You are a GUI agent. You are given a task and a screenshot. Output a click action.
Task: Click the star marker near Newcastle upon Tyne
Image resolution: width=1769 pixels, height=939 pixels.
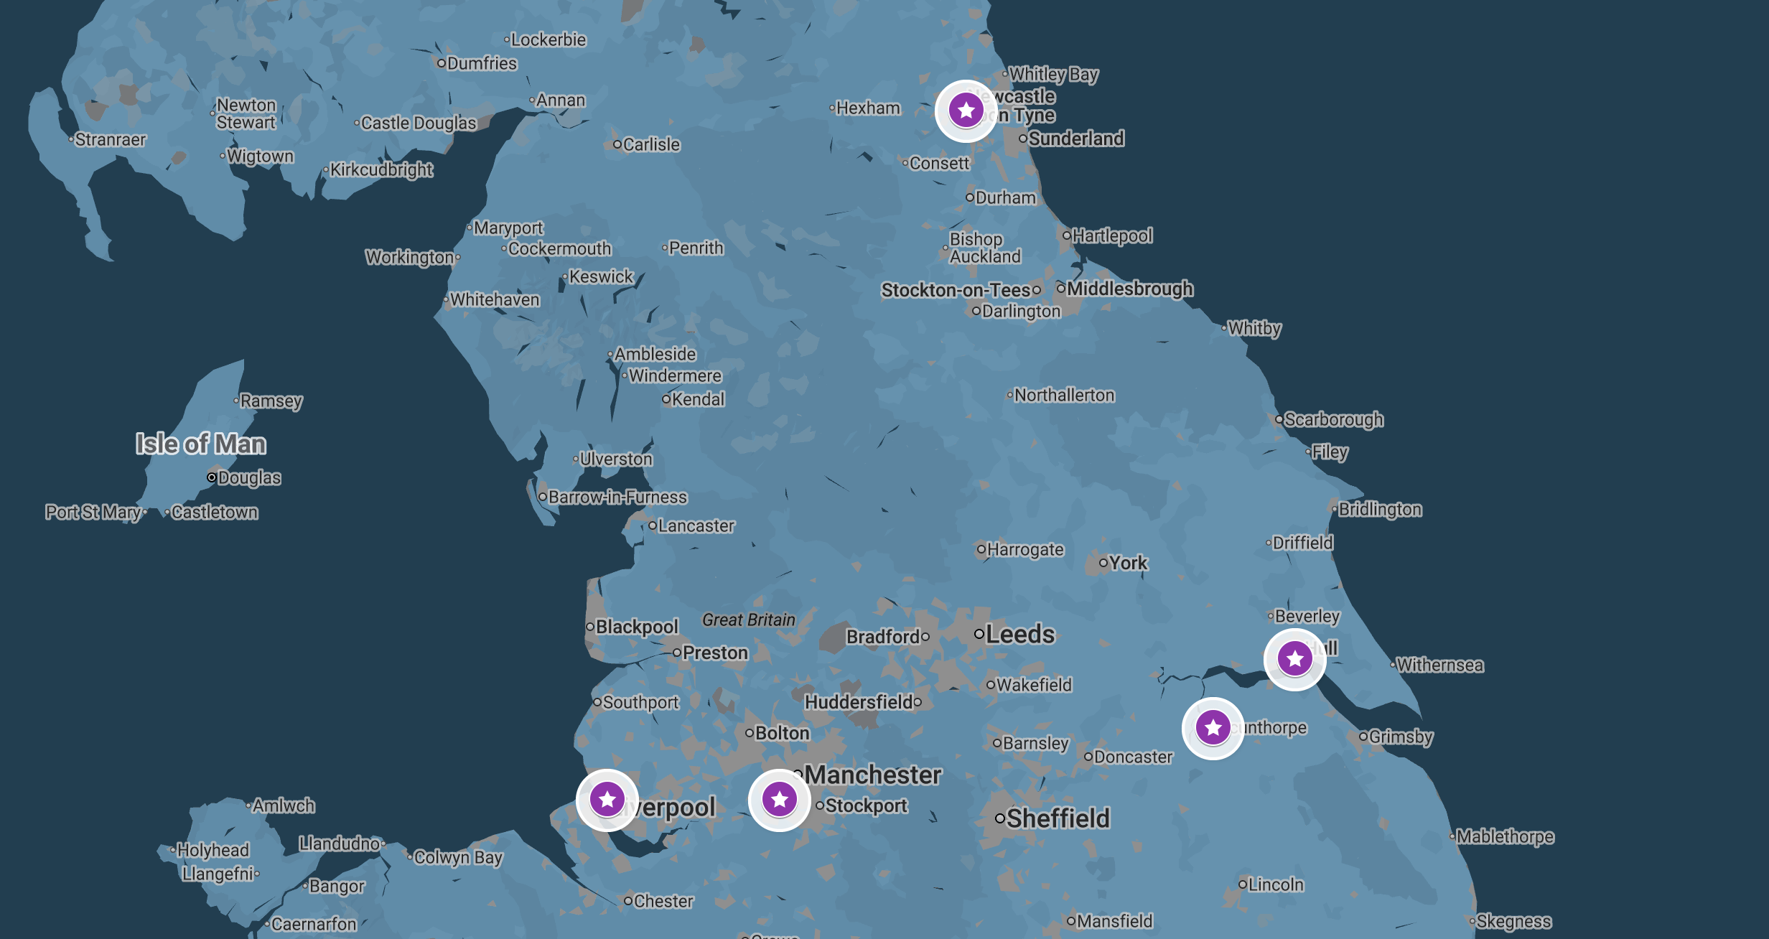click(x=966, y=111)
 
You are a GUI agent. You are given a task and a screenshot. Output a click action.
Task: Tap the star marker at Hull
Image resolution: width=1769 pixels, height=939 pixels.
click(x=1294, y=658)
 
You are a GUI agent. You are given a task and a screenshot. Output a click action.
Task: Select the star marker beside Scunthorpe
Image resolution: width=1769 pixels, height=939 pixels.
click(x=1213, y=728)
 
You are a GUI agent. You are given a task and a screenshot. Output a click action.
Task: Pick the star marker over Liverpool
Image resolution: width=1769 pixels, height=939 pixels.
click(x=607, y=800)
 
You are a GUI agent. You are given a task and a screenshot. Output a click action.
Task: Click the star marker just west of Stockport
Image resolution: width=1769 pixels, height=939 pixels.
click(x=779, y=800)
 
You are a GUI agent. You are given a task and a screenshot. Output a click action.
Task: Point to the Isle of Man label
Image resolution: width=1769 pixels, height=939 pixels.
click(x=201, y=444)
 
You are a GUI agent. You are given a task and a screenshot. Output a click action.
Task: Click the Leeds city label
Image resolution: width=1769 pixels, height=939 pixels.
click(x=1019, y=635)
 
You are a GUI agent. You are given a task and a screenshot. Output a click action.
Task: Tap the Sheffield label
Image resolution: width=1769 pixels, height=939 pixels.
click(x=1058, y=818)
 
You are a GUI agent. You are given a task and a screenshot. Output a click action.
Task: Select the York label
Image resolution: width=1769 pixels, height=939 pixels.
click(x=1128, y=563)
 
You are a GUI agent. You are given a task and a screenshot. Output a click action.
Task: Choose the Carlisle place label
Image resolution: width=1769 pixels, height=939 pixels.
click(x=650, y=144)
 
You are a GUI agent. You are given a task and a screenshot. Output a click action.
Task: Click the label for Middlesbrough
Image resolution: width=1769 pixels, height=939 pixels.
click(x=1129, y=289)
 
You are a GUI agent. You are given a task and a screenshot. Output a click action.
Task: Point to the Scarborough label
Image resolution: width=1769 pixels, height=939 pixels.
click(x=1333, y=419)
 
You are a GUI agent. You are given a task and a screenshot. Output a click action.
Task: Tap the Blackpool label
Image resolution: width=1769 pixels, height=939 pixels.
click(x=636, y=627)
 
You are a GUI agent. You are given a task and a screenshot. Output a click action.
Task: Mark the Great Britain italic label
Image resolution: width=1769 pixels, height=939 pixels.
click(x=749, y=620)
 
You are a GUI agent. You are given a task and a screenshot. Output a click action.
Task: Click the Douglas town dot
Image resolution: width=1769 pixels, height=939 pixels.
click(x=212, y=477)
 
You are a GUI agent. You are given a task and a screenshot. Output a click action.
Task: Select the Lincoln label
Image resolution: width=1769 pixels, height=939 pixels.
click(x=1276, y=884)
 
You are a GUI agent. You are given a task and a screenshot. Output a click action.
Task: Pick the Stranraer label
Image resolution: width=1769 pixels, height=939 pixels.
click(x=110, y=139)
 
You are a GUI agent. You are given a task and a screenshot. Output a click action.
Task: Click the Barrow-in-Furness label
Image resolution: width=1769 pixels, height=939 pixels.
click(x=617, y=497)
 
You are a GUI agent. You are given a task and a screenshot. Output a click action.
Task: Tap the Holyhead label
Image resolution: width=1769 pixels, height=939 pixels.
click(x=213, y=850)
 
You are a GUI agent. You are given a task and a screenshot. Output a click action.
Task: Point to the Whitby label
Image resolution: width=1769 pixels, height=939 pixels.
click(x=1254, y=328)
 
